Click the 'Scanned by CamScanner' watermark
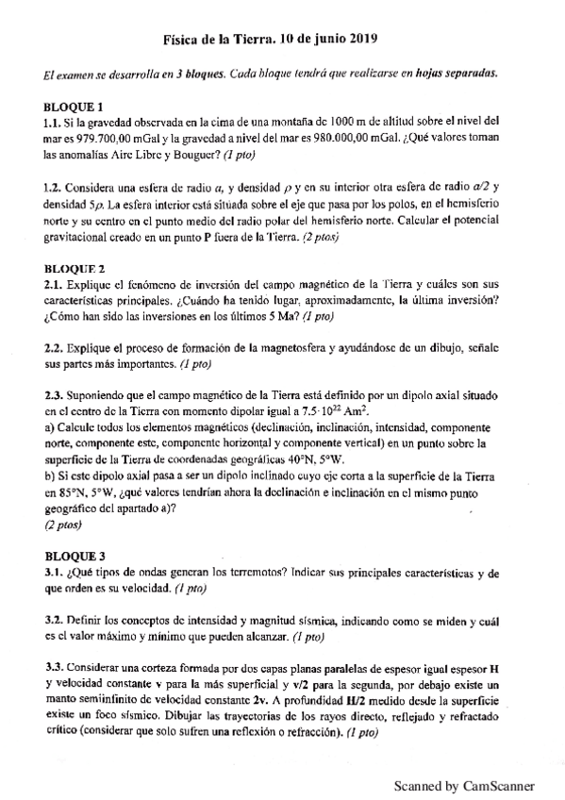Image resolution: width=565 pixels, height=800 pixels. tap(464, 785)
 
